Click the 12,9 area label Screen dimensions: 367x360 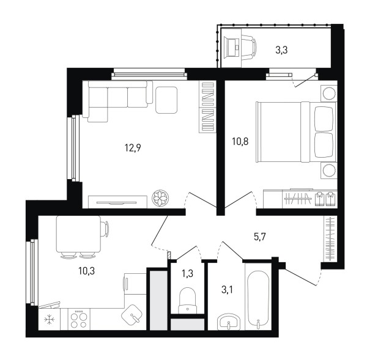point(133,148)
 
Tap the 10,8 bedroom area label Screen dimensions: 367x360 point(240,141)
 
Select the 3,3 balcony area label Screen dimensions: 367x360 point(281,50)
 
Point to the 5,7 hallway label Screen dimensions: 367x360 point(260,237)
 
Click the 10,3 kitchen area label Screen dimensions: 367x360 point(86,271)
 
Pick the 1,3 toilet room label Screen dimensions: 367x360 point(188,273)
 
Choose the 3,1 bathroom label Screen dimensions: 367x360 point(227,290)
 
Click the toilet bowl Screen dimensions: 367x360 point(187,300)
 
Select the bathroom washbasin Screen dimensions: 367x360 point(229,322)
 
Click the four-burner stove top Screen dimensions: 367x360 point(79,319)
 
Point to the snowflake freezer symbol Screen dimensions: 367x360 point(50,320)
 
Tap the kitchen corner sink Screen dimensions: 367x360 point(132,314)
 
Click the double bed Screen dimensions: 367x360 point(296,132)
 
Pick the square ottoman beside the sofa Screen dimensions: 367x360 point(166,100)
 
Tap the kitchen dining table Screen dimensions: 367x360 point(79,233)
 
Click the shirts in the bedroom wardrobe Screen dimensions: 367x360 point(325,199)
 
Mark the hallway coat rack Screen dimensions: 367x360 point(330,238)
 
